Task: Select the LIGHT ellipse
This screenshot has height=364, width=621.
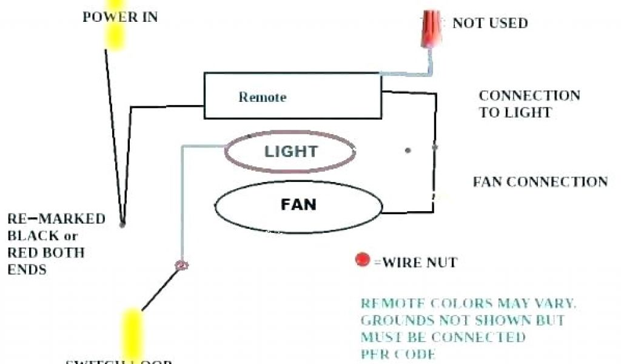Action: click(x=290, y=152)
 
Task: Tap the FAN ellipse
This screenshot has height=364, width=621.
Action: click(x=298, y=204)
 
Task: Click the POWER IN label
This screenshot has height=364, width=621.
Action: click(x=120, y=17)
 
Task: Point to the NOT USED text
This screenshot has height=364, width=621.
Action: click(x=490, y=24)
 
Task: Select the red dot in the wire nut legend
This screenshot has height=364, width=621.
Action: click(x=363, y=260)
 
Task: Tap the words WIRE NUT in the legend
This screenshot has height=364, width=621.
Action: click(x=418, y=263)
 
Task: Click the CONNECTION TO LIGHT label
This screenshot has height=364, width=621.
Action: click(x=529, y=104)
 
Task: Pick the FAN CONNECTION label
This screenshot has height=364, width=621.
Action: click(x=540, y=181)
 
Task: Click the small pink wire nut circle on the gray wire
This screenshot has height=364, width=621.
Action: click(x=181, y=265)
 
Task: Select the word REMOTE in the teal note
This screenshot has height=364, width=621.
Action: click(x=391, y=303)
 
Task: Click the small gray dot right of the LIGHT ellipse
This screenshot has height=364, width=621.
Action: click(x=408, y=150)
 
